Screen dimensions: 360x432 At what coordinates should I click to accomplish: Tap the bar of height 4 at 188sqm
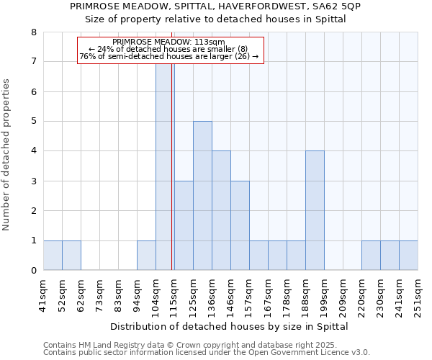[x=315, y=210]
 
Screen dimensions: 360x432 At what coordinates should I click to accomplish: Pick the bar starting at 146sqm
[x=240, y=225]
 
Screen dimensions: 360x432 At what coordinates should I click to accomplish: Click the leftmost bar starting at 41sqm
[x=53, y=256]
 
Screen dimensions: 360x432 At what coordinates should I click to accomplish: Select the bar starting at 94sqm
[x=146, y=256]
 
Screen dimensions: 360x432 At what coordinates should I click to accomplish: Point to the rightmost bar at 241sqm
[x=408, y=256]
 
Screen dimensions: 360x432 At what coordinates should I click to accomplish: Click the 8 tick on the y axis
[x=33, y=32]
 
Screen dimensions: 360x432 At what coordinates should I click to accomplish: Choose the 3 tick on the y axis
[x=33, y=181]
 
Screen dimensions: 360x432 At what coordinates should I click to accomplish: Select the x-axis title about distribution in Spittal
[x=230, y=326]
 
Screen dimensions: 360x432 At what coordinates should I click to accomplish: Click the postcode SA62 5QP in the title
[x=336, y=6]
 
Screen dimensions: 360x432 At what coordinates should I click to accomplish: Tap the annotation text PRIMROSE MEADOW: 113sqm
[x=169, y=42]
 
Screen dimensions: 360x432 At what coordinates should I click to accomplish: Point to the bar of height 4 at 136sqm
[x=221, y=210]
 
